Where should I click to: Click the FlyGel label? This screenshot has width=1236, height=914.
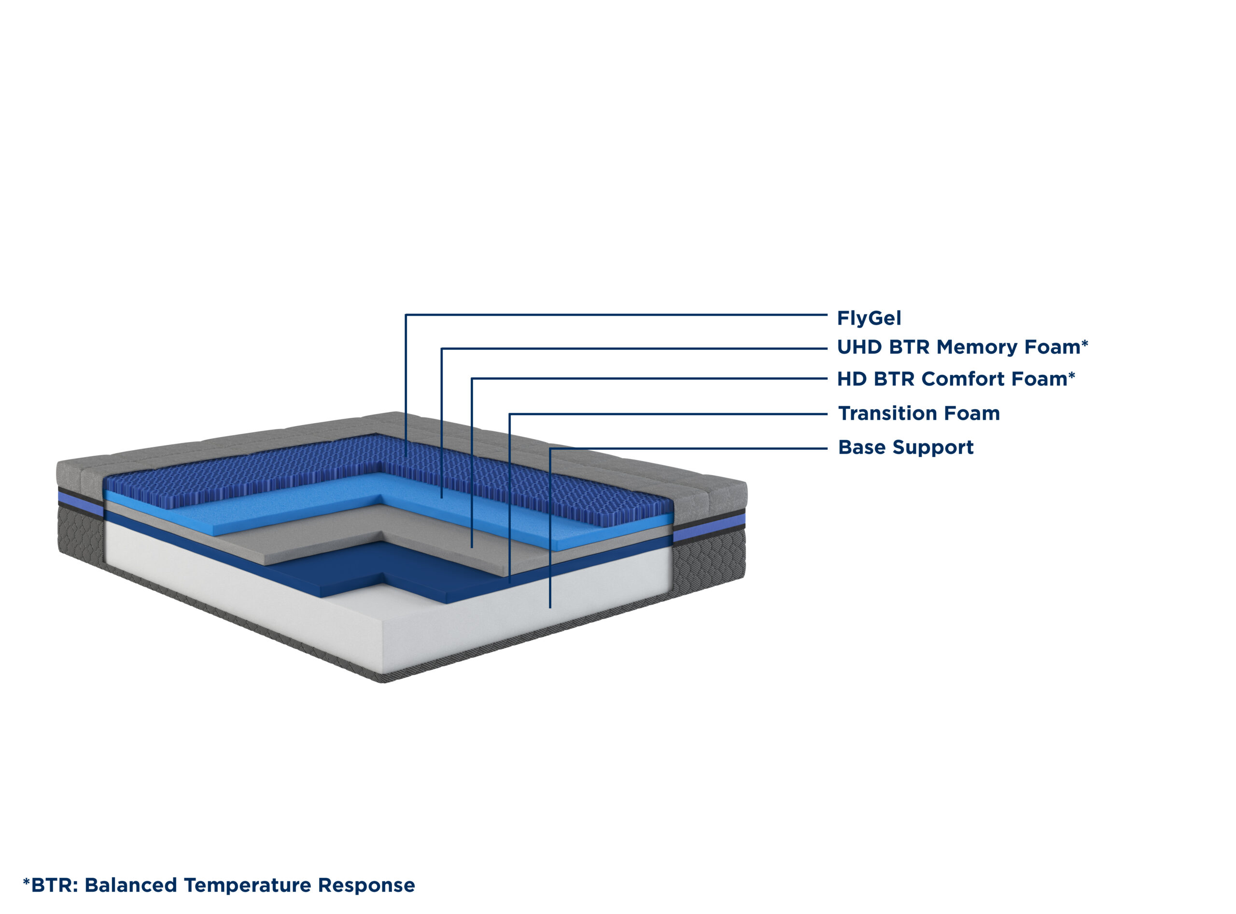pos(869,318)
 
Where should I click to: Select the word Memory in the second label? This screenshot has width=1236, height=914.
pos(978,347)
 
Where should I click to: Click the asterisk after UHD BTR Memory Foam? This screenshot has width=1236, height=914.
pos(1085,343)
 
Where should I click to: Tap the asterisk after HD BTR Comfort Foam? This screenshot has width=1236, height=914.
pos(1072,376)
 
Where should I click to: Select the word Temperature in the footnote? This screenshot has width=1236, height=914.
pos(248,885)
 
